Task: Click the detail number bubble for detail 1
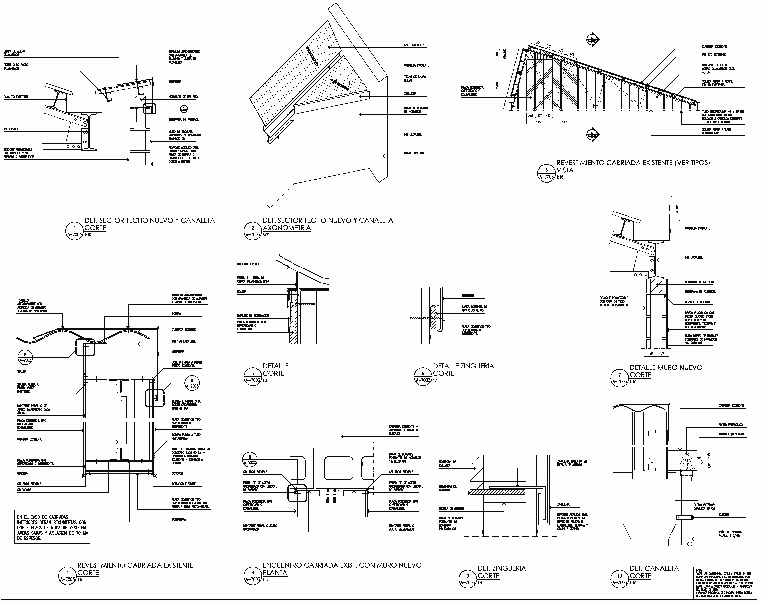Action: [x=75, y=231]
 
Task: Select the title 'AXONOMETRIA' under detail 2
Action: [x=287, y=228]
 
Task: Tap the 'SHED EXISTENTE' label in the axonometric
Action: [x=414, y=45]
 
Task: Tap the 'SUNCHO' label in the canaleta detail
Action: [x=724, y=515]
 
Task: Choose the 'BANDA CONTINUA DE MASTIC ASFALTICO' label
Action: [x=474, y=309]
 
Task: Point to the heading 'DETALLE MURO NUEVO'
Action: [x=666, y=367]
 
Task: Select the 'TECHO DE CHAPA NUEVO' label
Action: [x=415, y=78]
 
